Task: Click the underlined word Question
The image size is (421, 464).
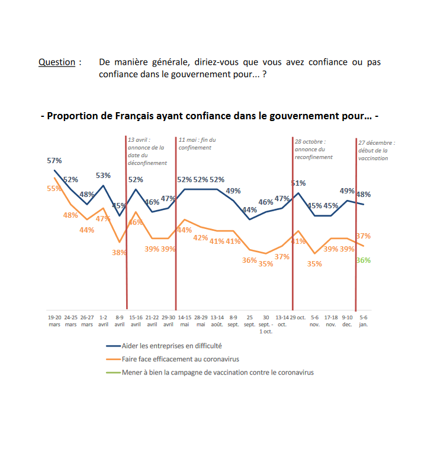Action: click(57, 62)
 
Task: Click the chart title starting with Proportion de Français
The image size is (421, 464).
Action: click(210, 116)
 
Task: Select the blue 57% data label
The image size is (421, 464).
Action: click(54, 161)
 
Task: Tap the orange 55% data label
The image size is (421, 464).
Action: click(54, 188)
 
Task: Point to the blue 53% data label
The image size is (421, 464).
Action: click(103, 175)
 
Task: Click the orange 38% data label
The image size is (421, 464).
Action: click(119, 252)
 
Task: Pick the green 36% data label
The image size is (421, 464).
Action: click(364, 260)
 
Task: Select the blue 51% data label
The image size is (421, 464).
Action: click(298, 183)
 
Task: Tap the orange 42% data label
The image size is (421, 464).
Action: click(201, 237)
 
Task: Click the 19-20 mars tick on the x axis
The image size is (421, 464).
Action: click(54, 321)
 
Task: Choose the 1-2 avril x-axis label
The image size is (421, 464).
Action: click(103, 321)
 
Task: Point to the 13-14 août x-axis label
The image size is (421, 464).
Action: click(217, 321)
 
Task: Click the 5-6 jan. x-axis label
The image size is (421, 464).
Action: click(364, 321)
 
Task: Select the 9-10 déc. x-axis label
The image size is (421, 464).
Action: click(347, 321)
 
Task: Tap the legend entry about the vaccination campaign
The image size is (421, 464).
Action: click(217, 373)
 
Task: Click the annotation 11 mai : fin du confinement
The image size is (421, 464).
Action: click(197, 144)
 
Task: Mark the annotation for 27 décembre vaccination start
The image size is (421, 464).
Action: click(377, 150)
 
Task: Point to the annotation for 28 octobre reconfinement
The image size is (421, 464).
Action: click(314, 150)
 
